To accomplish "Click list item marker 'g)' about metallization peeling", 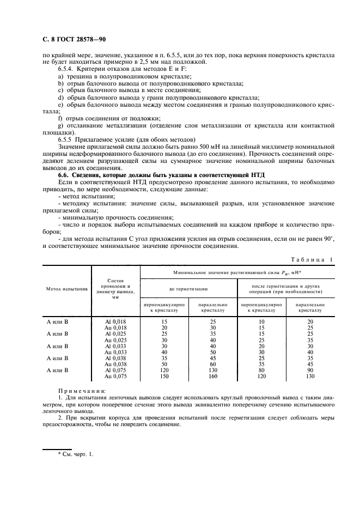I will coord(60,126).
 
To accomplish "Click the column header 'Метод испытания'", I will coord(66,289).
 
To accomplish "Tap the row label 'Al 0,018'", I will coord(115,321).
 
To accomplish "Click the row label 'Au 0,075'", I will coord(115,376).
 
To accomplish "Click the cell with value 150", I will coord(164,376).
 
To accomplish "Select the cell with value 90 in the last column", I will coord(310,370).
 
